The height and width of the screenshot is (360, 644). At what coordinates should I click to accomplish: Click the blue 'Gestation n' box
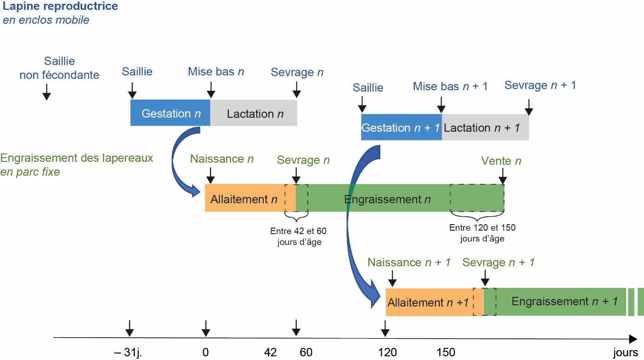pos(170,113)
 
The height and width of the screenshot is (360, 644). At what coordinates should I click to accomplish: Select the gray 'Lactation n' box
pos(254,113)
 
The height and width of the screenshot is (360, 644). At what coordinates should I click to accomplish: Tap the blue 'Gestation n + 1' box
pos(401,127)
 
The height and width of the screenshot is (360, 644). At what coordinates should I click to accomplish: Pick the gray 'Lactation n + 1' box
pos(485,127)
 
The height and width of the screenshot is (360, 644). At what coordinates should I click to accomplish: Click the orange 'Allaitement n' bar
pos(245,199)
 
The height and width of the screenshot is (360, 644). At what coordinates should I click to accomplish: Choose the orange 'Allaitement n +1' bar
pos(428,302)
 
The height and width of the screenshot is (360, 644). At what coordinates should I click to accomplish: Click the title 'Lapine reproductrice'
pos(60,7)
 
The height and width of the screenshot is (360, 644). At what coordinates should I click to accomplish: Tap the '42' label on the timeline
pos(270,352)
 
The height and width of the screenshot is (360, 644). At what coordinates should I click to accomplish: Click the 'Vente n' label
pos(501,161)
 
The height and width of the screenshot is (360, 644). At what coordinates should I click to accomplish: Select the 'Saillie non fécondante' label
pos(60,68)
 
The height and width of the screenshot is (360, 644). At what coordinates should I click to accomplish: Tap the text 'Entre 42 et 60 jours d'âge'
pos(296,236)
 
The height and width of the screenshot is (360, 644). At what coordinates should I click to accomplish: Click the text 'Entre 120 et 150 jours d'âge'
pos(482,233)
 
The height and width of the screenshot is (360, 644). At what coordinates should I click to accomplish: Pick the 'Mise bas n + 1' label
pos(450,87)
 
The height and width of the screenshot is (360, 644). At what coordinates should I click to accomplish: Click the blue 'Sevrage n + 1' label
pos(540,85)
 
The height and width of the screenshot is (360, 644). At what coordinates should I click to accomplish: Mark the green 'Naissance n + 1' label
pos(409,262)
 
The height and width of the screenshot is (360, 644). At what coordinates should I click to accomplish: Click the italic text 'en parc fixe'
pos(31,172)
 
